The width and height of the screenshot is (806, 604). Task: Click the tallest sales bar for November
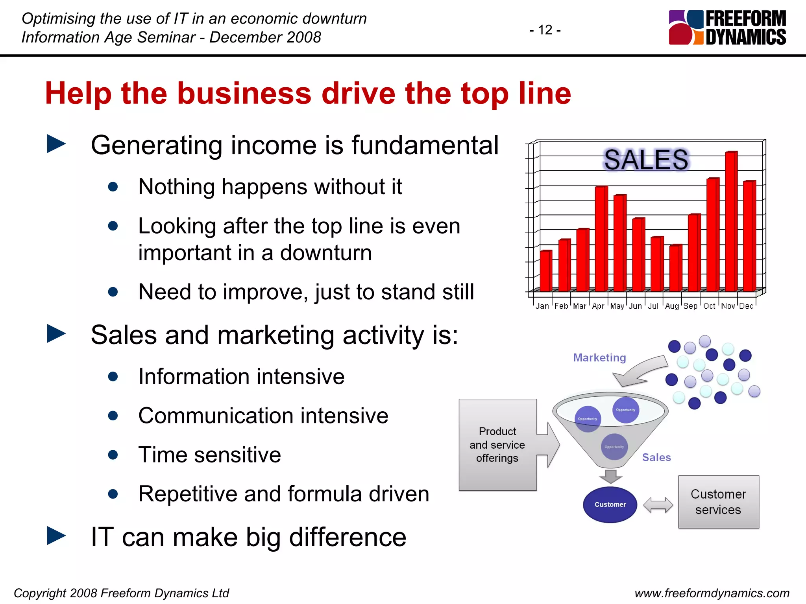pyautogui.click(x=731, y=221)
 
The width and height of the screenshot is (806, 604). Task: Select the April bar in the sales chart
pyautogui.click(x=601, y=238)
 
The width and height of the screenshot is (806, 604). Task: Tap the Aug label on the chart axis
pyautogui.click(x=672, y=306)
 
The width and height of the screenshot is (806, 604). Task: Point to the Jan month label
pyautogui.click(x=542, y=306)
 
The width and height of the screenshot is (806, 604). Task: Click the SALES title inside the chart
pyautogui.click(x=646, y=160)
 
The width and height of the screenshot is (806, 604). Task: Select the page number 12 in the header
pyautogui.click(x=545, y=30)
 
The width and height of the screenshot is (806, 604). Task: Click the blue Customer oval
pyautogui.click(x=610, y=505)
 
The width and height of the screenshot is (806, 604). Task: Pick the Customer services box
pyautogui.click(x=718, y=502)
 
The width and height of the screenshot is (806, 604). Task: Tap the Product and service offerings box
pyautogui.click(x=497, y=445)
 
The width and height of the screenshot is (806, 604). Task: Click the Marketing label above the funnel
pyautogui.click(x=599, y=357)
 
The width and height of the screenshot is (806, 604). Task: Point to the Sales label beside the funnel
pyautogui.click(x=656, y=457)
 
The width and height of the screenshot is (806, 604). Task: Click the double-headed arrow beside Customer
pyautogui.click(x=658, y=505)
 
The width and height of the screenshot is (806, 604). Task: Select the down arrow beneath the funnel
pyautogui.click(x=610, y=476)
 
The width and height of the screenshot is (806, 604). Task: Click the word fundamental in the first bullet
pyautogui.click(x=425, y=145)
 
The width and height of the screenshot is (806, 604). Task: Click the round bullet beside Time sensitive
pyautogui.click(x=113, y=455)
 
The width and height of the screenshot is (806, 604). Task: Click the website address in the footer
pyautogui.click(x=712, y=593)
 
